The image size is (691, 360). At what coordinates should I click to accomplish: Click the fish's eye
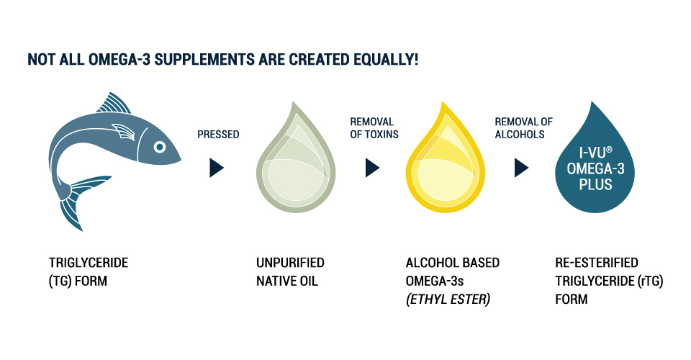[159, 147]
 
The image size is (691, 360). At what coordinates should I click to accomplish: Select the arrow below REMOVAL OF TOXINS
[372, 168]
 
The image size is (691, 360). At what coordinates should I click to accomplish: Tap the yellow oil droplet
[443, 162]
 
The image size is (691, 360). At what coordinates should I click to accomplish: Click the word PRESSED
[218, 134]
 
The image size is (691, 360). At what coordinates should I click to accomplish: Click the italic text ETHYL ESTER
[448, 299]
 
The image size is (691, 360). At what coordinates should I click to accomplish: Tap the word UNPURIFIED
[290, 263]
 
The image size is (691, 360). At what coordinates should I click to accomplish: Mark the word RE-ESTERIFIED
[596, 263]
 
